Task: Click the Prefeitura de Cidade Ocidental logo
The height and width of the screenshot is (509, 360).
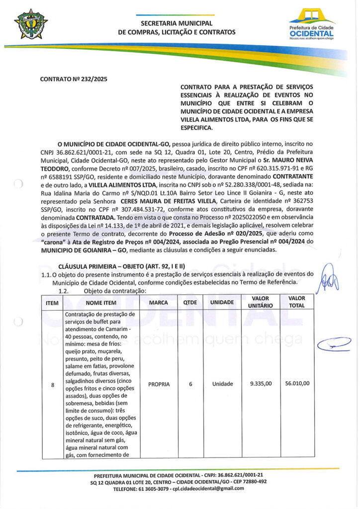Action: pos(312,24)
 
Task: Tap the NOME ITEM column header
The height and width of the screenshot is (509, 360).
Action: pos(101,302)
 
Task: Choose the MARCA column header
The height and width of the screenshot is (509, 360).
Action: pos(159,302)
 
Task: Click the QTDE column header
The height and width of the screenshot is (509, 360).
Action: pos(189,302)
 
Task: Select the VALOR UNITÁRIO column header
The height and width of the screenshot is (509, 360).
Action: pos(258,302)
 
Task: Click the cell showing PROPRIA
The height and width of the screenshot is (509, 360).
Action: pos(159,384)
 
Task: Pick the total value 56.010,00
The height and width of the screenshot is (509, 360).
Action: pos(297,384)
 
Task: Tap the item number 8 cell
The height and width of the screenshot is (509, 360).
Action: pos(53,384)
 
